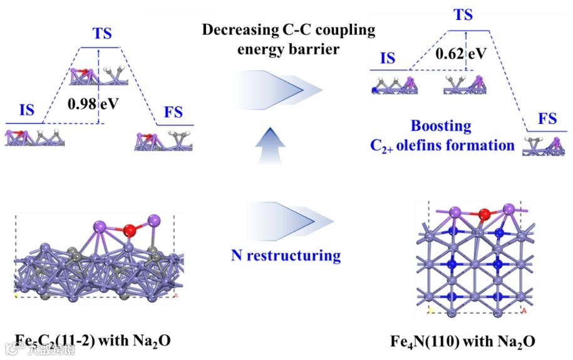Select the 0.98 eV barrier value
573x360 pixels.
click(93, 102)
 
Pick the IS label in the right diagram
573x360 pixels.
click(388, 59)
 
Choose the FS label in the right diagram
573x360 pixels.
click(547, 119)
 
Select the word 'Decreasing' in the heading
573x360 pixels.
click(232, 29)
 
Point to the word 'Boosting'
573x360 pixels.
click(441, 125)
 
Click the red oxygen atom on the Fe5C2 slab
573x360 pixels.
click(130, 230)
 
